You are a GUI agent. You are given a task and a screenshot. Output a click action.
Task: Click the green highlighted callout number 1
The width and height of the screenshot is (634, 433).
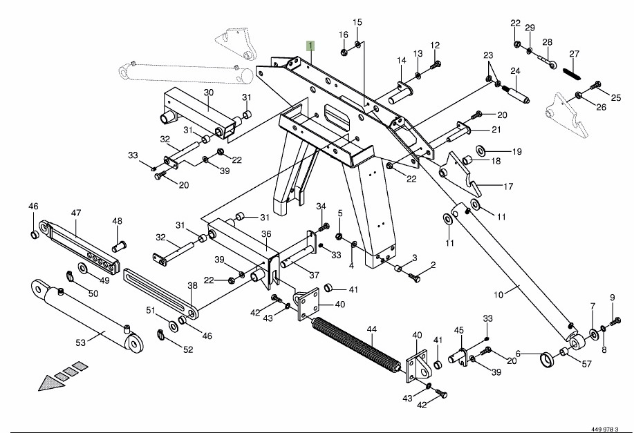point(311,46)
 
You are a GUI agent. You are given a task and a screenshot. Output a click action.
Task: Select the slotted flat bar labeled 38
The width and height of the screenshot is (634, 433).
point(161,294)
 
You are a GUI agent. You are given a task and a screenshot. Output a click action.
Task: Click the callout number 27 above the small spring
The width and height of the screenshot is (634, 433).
point(574,54)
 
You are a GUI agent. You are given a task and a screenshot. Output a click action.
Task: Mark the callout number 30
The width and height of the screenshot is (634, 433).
point(209,93)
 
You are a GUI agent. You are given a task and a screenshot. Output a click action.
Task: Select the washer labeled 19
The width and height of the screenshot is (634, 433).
point(481,150)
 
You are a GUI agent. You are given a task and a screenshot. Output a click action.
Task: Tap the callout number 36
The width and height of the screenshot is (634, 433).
point(266,233)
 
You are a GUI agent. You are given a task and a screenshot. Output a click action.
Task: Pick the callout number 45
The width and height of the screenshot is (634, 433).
point(458,330)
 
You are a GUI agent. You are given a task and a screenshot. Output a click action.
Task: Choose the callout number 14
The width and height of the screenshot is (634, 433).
point(402,61)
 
